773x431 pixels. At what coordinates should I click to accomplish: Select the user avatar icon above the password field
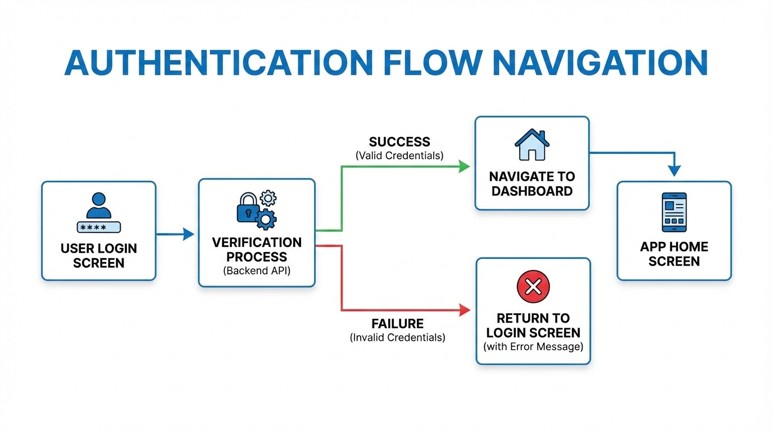[x=98, y=205]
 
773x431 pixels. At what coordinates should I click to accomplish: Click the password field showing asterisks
[x=98, y=227]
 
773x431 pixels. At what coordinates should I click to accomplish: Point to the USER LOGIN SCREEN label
[x=98, y=255]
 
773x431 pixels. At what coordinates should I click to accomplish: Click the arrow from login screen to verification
[x=176, y=235]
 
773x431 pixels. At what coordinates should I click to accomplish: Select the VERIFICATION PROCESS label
[x=257, y=250]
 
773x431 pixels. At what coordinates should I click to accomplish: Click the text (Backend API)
[x=256, y=270]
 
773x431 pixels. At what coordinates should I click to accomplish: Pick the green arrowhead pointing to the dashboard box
[x=463, y=166]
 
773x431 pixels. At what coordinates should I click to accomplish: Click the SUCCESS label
[x=399, y=142]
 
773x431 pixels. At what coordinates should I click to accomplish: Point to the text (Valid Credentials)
[x=399, y=155]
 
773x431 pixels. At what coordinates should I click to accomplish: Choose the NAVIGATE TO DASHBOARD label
[x=532, y=184]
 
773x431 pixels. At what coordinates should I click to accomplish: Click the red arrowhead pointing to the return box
[x=464, y=309]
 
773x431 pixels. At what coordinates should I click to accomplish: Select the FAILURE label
[x=397, y=324]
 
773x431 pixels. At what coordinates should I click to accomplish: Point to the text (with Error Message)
[x=533, y=346]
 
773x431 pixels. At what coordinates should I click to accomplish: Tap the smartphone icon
[x=674, y=213]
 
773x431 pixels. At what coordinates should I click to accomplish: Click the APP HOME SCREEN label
[x=674, y=254]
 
